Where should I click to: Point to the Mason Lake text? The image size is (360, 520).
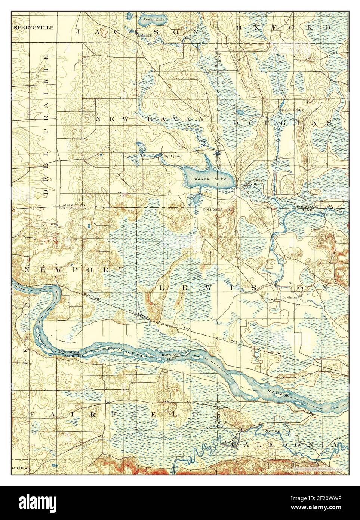click(202, 179)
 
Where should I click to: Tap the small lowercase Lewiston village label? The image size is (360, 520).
click(289, 297)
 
